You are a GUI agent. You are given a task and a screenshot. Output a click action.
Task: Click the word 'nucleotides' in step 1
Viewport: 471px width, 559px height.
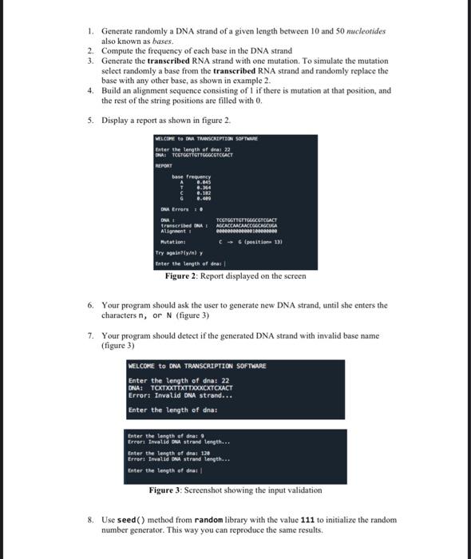(x=363, y=31)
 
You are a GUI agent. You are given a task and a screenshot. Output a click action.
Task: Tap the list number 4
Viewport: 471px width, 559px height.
(x=91, y=90)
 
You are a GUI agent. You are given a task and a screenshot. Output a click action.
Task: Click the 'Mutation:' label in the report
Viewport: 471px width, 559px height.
(x=173, y=240)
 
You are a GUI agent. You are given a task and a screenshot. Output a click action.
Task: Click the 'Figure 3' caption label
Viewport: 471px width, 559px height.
(x=170, y=490)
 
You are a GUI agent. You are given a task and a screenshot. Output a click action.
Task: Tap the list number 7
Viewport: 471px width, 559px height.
(x=91, y=335)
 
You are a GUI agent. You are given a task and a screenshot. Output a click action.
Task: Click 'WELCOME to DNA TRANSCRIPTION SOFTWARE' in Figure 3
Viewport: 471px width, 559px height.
(x=197, y=366)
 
